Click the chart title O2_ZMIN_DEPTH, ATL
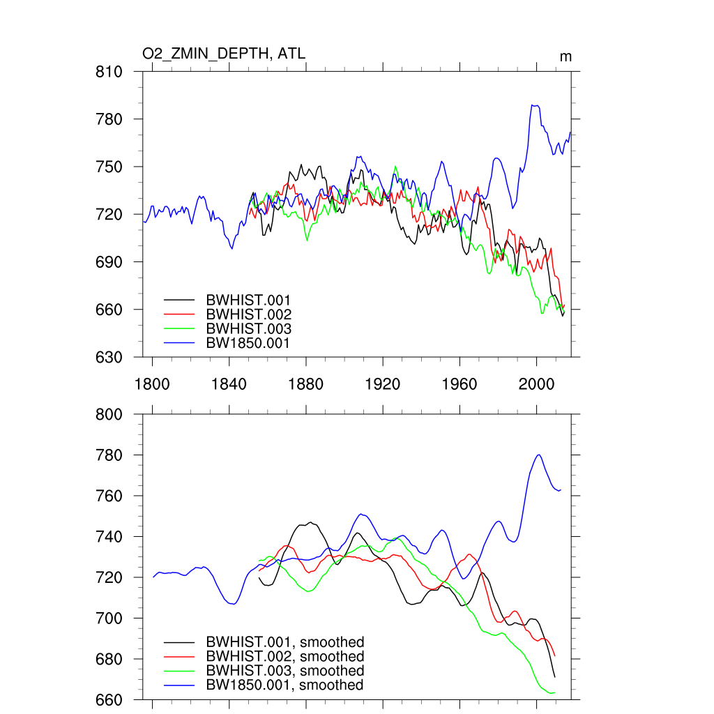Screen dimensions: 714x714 tap(223, 54)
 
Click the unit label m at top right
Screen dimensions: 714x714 tap(565, 56)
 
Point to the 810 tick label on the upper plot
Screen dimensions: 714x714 tap(109, 72)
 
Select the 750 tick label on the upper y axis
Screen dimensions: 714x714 tap(109, 167)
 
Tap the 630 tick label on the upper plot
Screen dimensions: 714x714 tap(109, 357)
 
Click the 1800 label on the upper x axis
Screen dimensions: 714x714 tap(152, 383)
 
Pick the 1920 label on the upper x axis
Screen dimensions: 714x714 tap(383, 383)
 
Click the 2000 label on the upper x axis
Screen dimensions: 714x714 tap(537, 383)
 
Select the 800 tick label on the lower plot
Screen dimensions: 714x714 tap(109, 415)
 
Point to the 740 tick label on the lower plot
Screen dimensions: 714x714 tap(109, 537)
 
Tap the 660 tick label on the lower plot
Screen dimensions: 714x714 tap(109, 699)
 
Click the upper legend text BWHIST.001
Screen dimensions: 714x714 tap(248, 300)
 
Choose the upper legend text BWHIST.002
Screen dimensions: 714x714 tap(248, 314)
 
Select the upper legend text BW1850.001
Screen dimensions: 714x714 tap(248, 343)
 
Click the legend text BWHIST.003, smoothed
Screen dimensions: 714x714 tap(284, 671)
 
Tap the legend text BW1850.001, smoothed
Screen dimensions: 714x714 tap(284, 685)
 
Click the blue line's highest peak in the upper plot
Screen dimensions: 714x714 tap(534, 105)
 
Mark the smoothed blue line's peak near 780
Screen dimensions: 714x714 tap(538, 455)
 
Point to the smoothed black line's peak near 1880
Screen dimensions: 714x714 tap(310, 522)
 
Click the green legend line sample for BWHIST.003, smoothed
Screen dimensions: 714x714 tap(179, 671)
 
